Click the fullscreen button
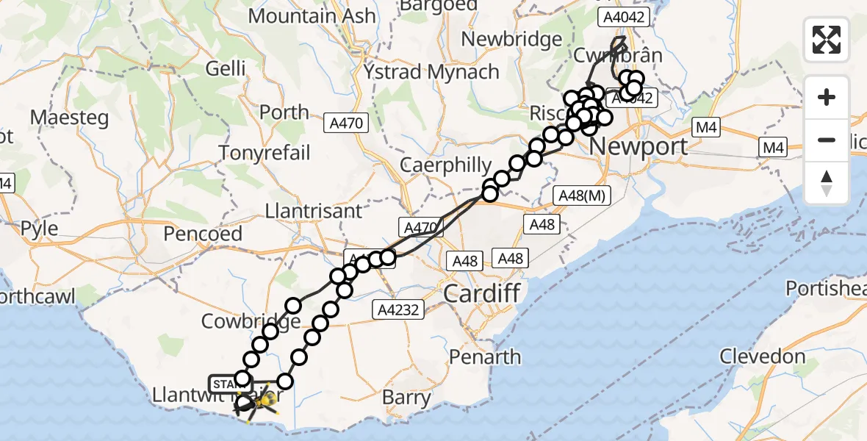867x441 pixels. pyautogui.click(x=827, y=40)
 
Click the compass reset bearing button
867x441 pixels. pyautogui.click(x=827, y=182)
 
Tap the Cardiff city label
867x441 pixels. pyautogui.click(x=482, y=294)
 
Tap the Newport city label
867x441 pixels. pyautogui.click(x=638, y=146)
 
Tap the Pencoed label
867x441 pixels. pyautogui.click(x=203, y=234)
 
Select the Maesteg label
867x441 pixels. pyautogui.click(x=70, y=118)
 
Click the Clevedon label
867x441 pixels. pyautogui.click(x=762, y=357)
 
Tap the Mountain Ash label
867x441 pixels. pyautogui.click(x=312, y=15)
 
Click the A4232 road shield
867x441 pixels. pyautogui.click(x=400, y=309)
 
